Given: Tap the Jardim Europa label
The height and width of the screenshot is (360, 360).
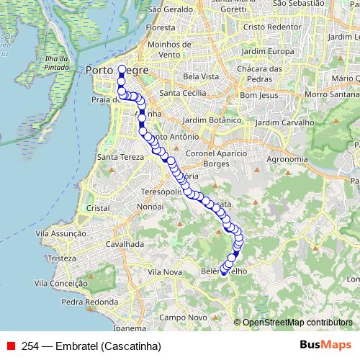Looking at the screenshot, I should point(261,53).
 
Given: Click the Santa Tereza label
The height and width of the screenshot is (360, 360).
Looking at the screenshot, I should point(117,157).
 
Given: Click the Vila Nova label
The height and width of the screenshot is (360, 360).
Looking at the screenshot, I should point(163,272).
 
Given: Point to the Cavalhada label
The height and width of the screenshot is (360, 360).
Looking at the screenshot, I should point(125,244).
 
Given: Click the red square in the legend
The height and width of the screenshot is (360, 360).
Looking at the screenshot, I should point(11,345).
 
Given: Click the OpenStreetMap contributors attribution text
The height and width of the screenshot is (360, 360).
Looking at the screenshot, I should point(297,323).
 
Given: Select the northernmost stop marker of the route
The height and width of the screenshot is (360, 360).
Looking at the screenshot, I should point(122,70).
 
